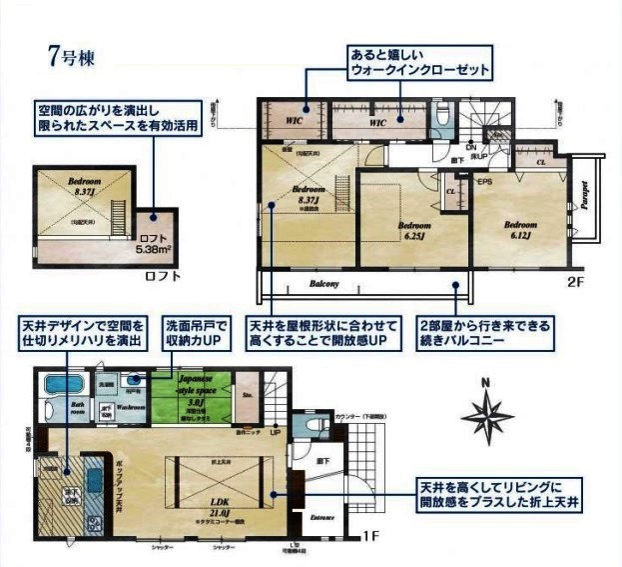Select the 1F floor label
370,537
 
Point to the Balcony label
322,283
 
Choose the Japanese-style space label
191,390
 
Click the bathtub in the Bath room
66,386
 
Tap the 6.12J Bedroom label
519,229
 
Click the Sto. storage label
248,394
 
